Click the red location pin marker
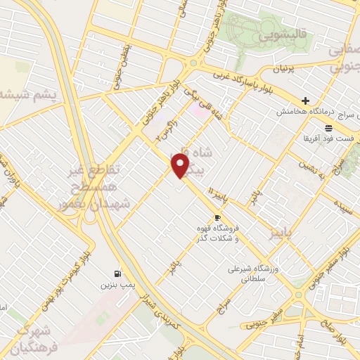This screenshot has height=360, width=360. tap(181, 165)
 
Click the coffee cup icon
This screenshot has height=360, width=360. tap(217, 217)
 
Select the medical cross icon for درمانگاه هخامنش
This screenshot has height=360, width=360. tap(305, 101)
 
